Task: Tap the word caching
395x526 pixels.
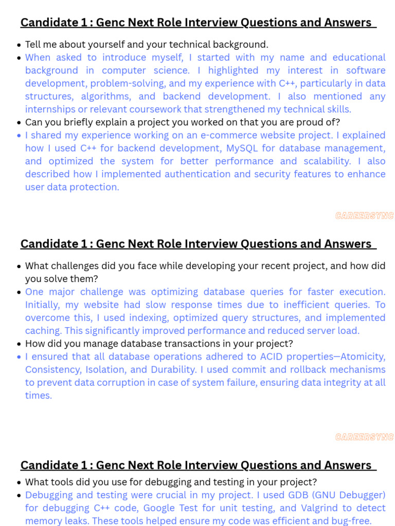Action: pos(42,330)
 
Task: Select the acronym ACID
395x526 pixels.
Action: pos(266,356)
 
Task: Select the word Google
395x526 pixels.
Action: pos(160,508)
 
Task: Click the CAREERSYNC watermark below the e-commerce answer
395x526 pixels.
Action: pos(364,216)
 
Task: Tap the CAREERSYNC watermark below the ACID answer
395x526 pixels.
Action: pos(364,437)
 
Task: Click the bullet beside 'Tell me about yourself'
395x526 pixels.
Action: pos(19,45)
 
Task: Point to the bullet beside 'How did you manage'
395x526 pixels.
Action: pos(19,344)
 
